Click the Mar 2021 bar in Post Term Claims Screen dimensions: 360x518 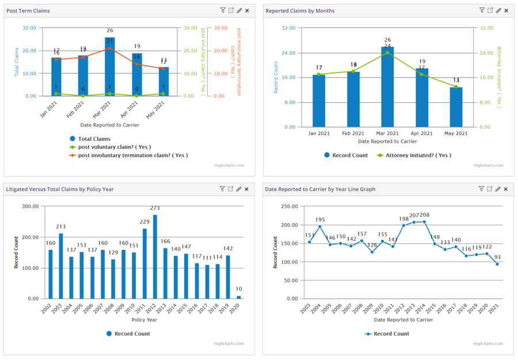pos(110,69)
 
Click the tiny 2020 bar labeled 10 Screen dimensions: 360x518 pos(239,297)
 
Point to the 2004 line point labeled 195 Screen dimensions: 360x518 pos(320,226)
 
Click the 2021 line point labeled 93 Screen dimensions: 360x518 pos(497,264)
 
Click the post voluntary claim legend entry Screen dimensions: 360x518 pos(114,147)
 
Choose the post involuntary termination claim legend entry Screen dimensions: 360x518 pos(132,155)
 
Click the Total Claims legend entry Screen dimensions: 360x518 pos(94,139)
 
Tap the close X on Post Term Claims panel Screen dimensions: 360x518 pos(247,10)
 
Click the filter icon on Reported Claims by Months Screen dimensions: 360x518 pos(482,10)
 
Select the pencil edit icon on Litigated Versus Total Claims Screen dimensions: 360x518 pos(239,189)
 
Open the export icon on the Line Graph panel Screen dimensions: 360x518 pos(490,189)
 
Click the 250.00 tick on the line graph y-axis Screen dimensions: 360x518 pos(288,206)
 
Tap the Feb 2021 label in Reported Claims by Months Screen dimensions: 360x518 pos(353,133)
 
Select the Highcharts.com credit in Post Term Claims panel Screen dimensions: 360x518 pos(230,166)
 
